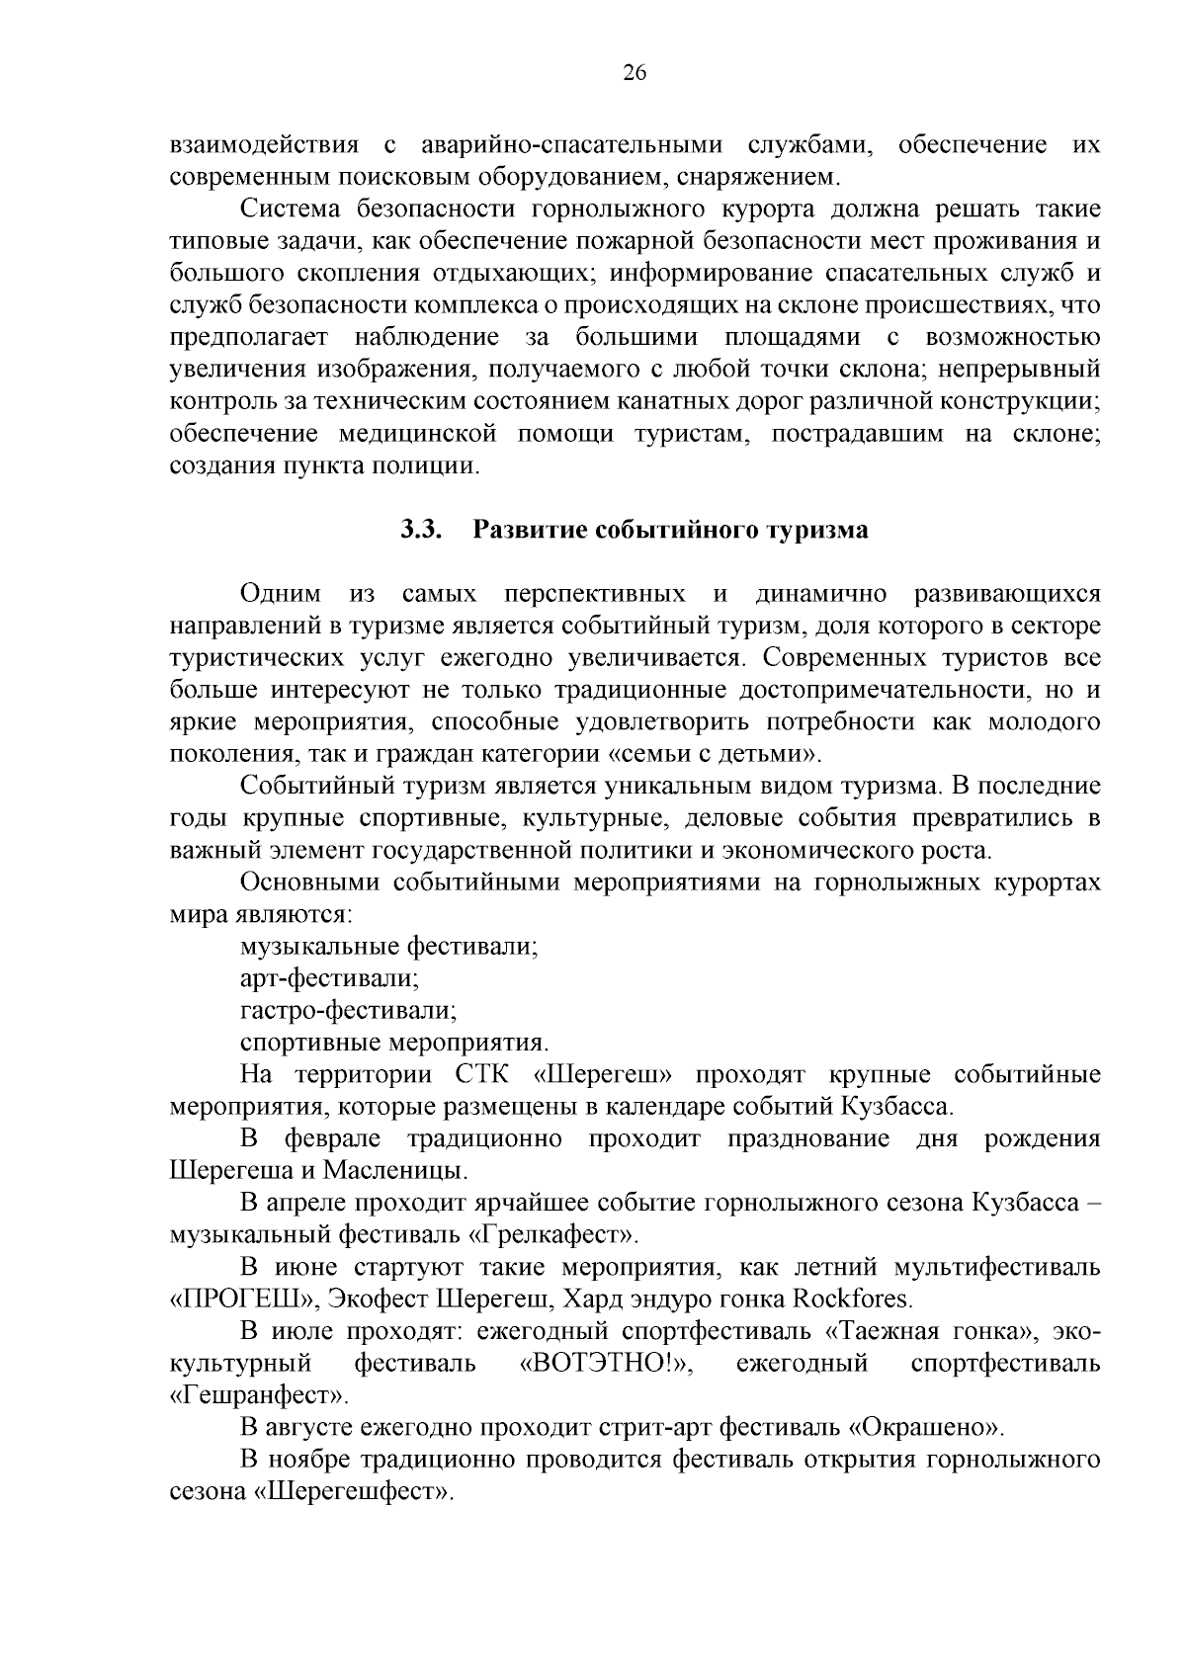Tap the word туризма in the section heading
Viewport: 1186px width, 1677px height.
tap(818, 530)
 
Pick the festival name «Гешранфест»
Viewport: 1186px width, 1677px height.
tap(260, 1396)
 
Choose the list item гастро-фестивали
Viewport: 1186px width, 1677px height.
tap(348, 1011)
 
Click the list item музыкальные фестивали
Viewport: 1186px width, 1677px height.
tap(388, 947)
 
